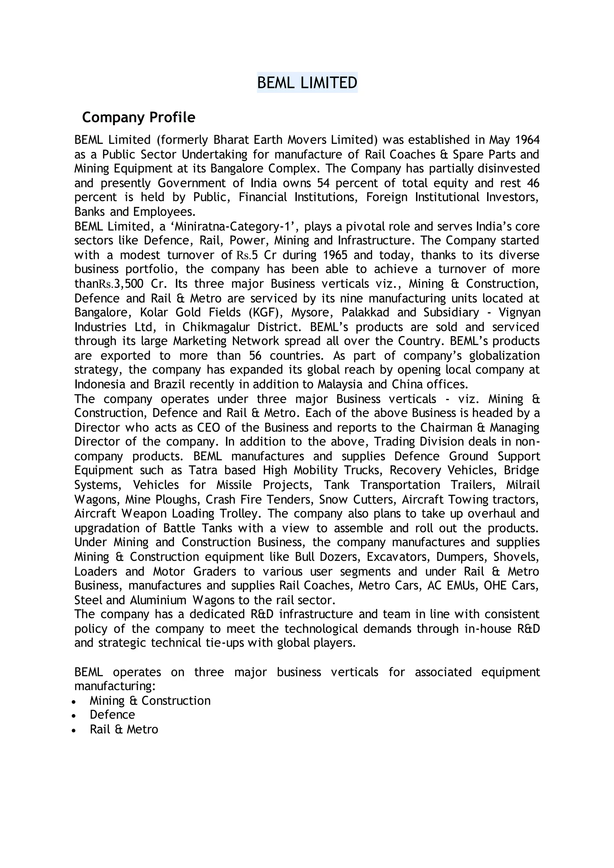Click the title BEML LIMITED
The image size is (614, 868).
[x=307, y=83]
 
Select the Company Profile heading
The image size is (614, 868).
[x=139, y=117]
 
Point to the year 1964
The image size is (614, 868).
[x=527, y=140]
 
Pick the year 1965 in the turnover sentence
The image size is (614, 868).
[x=335, y=255]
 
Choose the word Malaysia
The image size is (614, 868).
[x=339, y=385]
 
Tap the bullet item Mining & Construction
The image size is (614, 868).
[x=150, y=701]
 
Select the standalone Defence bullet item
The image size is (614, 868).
[x=112, y=715]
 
